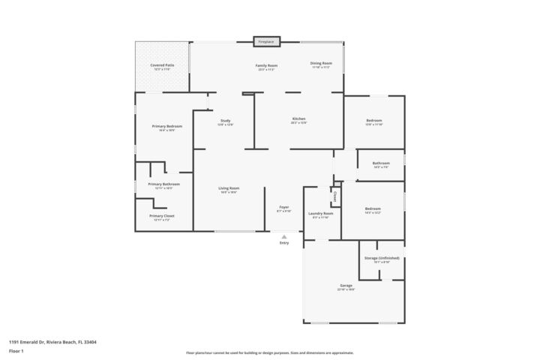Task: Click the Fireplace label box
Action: (266, 41)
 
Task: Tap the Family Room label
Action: (266, 66)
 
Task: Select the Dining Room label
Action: (322, 64)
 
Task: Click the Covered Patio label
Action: (163, 66)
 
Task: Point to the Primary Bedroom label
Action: (166, 127)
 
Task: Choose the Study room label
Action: (225, 121)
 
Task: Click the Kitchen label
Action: (298, 120)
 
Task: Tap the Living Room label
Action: (229, 188)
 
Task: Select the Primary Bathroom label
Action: (163, 184)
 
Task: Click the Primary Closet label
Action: (163, 217)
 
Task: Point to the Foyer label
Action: (284, 208)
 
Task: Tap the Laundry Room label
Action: (321, 214)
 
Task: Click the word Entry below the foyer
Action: (284, 242)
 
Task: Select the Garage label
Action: (346, 286)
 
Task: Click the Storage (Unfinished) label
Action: (382, 259)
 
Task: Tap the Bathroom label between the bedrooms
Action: (381, 163)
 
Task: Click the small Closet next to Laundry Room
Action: (334, 196)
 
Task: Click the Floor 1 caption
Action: (16, 350)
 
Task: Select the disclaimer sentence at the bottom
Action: (269, 352)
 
